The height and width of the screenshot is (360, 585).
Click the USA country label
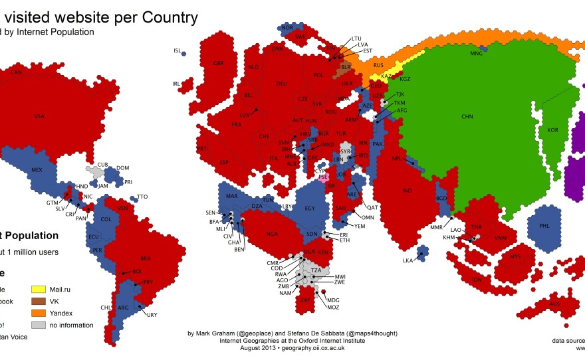[39, 116]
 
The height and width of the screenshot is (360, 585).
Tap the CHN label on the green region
[467, 116]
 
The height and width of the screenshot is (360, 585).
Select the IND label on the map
[407, 191]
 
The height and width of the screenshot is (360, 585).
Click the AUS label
[555, 304]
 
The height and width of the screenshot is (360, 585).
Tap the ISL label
[177, 50]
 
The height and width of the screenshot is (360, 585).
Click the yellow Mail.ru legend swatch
[39, 290]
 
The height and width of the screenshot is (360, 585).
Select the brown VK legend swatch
[39, 302]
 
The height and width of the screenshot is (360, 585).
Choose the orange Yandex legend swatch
[39, 314]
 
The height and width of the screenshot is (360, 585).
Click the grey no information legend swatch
[39, 325]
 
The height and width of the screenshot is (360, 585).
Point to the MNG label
[477, 52]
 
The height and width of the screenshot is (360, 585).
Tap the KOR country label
[552, 130]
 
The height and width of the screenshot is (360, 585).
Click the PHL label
[544, 226]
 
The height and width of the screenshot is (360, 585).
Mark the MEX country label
[37, 169]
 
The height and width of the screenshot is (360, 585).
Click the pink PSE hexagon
[323, 177]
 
